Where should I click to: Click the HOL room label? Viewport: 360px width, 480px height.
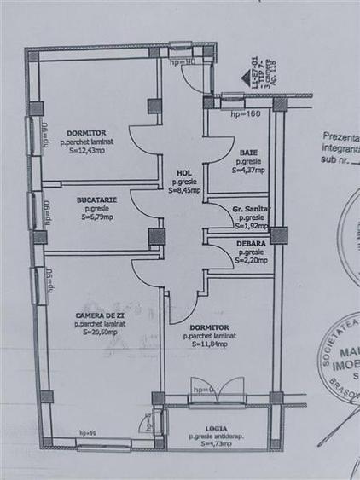coord(183,173)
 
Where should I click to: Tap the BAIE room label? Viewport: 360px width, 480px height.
coord(249,152)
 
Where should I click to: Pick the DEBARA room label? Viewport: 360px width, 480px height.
coord(251,243)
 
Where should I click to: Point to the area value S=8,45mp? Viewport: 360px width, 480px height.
coord(183,191)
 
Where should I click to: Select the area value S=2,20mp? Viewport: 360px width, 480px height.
coord(251,260)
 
